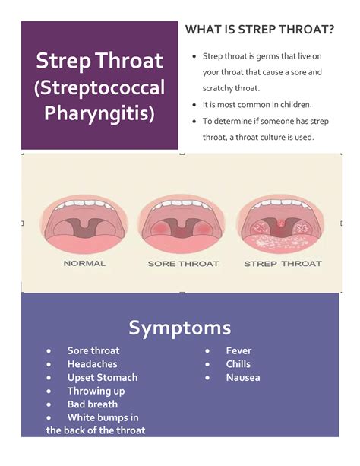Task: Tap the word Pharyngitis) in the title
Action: tap(99, 115)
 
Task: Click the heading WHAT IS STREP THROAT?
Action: tap(260, 30)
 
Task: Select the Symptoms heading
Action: tap(180, 328)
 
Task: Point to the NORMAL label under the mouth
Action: tap(84, 264)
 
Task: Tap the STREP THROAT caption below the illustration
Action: tap(283, 264)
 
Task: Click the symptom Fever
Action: tap(238, 351)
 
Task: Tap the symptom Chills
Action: tap(238, 364)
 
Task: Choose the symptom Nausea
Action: tap(243, 377)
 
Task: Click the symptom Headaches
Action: tap(92, 364)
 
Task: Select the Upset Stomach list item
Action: tap(103, 377)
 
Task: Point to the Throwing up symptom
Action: tap(96, 391)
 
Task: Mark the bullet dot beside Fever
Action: tap(207, 351)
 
